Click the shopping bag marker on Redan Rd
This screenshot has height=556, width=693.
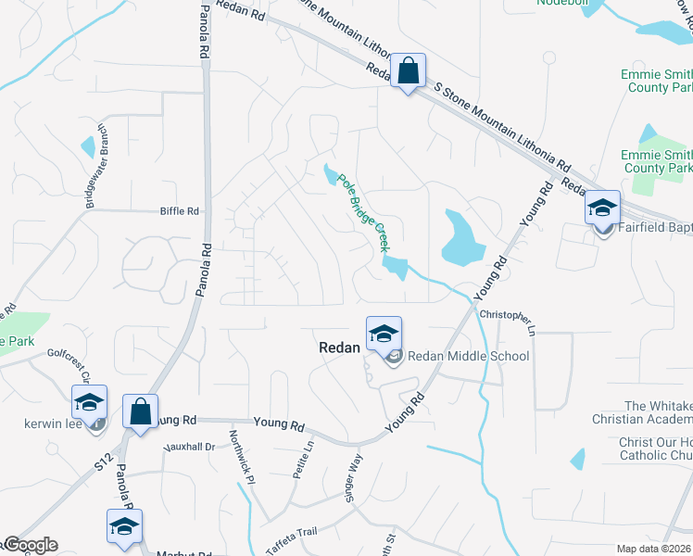(x=408, y=70)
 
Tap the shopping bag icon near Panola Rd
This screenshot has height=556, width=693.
(x=140, y=411)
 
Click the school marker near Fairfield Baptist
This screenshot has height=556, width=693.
(x=602, y=208)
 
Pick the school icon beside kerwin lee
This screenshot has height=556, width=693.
(x=89, y=402)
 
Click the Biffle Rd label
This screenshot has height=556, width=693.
(x=180, y=211)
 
